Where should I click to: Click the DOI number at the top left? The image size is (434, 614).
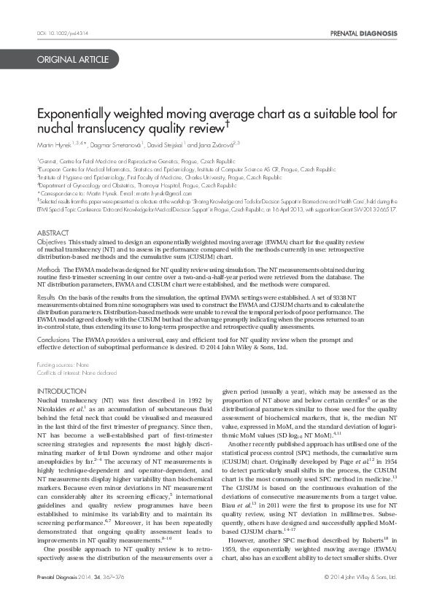(61, 34)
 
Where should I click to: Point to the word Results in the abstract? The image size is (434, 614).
(47, 298)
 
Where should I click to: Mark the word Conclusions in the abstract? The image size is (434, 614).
(54, 340)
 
